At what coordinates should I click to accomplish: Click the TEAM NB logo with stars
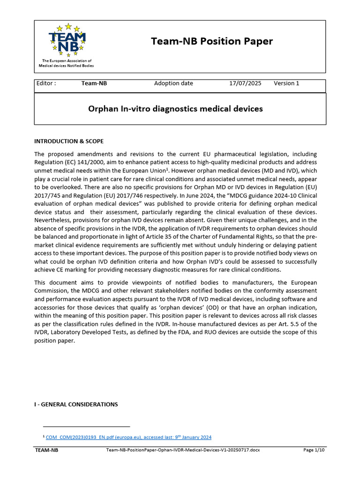pyautogui.click(x=67, y=39)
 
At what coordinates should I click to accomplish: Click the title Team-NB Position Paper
pyautogui.click(x=211, y=41)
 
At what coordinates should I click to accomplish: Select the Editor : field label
pyautogui.click(x=46, y=83)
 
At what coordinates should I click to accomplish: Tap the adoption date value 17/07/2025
pyautogui.click(x=245, y=83)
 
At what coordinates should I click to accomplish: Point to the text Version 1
pyautogui.click(x=286, y=83)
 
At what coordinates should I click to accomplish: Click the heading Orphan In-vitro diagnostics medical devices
pyautogui.click(x=175, y=109)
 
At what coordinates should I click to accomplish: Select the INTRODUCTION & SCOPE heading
pyautogui.click(x=69, y=141)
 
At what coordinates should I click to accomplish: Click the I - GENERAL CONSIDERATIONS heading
pyautogui.click(x=76, y=404)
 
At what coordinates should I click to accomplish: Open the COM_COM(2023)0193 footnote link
pyautogui.click(x=128, y=437)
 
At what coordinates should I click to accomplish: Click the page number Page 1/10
pyautogui.click(x=314, y=450)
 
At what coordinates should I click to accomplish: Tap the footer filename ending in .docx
pyautogui.click(x=183, y=450)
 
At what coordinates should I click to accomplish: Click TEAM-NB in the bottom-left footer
pyautogui.click(x=47, y=450)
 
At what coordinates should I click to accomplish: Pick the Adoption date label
pyautogui.click(x=173, y=83)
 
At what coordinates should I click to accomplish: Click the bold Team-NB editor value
pyautogui.click(x=94, y=83)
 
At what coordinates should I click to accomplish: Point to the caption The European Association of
pyautogui.click(x=67, y=61)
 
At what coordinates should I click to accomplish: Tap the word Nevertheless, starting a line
pyautogui.click(x=52, y=220)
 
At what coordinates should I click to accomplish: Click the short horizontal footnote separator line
pyautogui.click(x=80, y=427)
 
